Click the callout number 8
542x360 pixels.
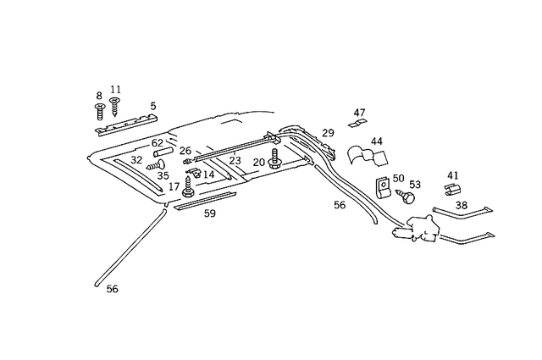(x=99, y=96)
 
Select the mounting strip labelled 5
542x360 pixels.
(x=124, y=125)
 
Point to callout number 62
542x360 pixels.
(x=158, y=143)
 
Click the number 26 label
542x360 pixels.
(x=185, y=151)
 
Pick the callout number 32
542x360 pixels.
(x=136, y=159)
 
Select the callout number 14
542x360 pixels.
(x=208, y=174)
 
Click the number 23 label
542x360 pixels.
(x=235, y=159)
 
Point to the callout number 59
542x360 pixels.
(x=209, y=213)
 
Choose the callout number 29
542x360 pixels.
(x=329, y=133)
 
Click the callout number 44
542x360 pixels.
(x=377, y=141)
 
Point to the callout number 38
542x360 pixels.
(x=462, y=204)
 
